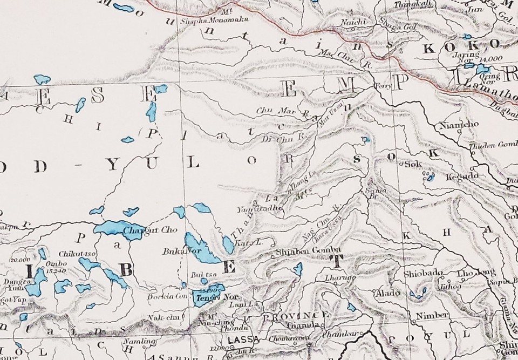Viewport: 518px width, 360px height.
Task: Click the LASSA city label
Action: [x=237, y=339]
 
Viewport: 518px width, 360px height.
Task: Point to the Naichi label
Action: [x=354, y=21]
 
